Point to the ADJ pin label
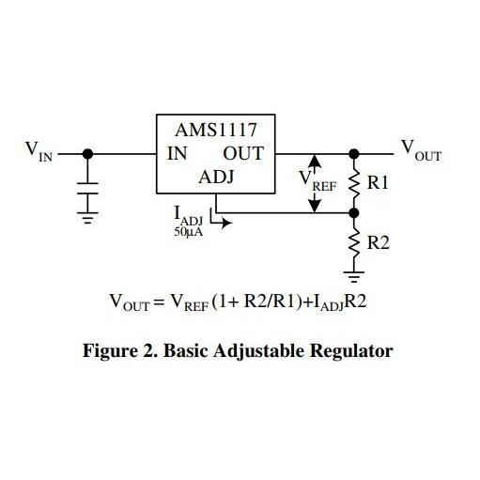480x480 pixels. [x=215, y=178]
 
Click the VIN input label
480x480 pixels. [x=39, y=151]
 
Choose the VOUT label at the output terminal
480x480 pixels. [x=420, y=150]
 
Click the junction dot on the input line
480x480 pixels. [x=87, y=154]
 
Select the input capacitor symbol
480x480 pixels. [x=87, y=188]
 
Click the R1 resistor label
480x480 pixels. [x=378, y=184]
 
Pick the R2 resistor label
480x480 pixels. [x=378, y=242]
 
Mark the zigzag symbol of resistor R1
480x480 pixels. [x=355, y=184]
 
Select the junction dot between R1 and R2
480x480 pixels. [x=355, y=213]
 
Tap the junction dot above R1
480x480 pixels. [x=355, y=154]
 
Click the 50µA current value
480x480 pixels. [x=189, y=231]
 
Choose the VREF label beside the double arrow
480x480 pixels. [x=316, y=179]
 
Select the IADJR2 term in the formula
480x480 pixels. [x=344, y=302]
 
